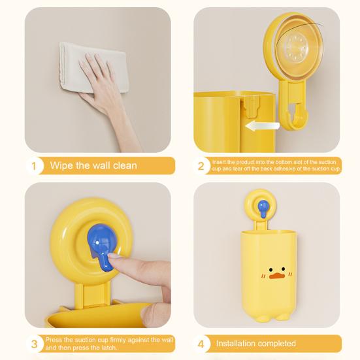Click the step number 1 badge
click(34, 166)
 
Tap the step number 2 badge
click(201, 166)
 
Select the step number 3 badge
click(34, 344)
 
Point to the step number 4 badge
click(201, 344)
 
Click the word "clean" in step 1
click(125, 165)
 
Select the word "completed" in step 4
click(276, 344)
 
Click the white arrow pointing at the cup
click(262, 126)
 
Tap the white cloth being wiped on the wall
click(92, 67)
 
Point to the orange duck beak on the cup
click(277, 276)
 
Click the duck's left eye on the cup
click(271, 270)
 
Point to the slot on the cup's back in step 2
click(253, 106)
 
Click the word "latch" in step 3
click(107, 348)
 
